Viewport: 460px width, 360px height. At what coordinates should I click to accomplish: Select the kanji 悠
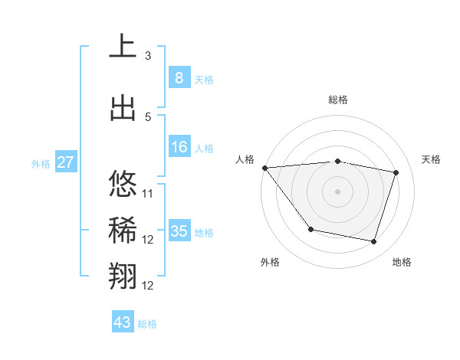tap(123, 185)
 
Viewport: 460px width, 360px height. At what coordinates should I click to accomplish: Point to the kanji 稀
tap(123, 231)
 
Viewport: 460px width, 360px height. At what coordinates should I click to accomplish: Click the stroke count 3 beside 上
tap(148, 56)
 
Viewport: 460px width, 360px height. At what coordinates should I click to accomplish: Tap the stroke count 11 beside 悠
tap(148, 194)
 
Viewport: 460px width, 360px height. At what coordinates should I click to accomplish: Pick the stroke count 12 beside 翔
tap(148, 286)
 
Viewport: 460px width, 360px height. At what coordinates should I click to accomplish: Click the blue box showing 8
tap(179, 78)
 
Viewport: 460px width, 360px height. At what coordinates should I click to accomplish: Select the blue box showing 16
tap(179, 147)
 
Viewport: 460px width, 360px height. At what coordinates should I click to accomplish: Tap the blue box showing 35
tap(179, 231)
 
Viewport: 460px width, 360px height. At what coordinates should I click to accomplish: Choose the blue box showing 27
tap(65, 162)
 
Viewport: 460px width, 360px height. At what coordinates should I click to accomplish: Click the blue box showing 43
tap(122, 322)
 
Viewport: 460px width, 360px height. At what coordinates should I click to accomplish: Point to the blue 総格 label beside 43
tap(147, 324)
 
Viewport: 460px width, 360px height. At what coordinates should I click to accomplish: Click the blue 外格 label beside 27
tap(41, 164)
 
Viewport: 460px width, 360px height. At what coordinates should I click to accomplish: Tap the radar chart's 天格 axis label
tap(432, 159)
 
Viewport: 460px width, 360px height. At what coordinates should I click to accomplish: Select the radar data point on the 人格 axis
tap(264, 168)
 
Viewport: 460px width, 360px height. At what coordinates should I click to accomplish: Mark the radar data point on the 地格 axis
tap(373, 242)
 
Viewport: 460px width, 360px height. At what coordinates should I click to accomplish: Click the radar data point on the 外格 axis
tap(310, 229)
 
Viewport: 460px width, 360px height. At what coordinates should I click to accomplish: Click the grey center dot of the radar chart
tap(337, 191)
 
